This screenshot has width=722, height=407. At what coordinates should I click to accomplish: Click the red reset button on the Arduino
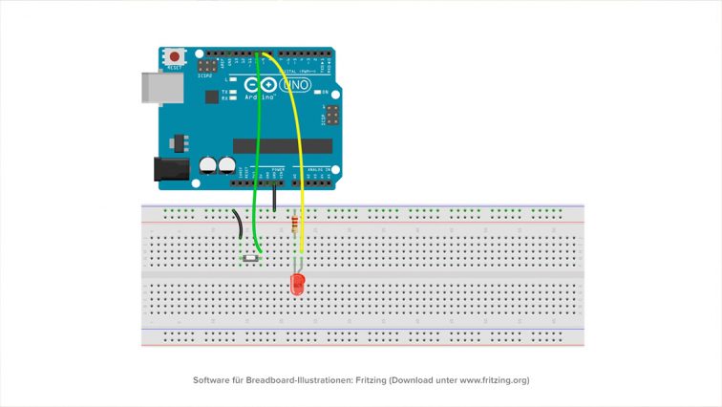pyautogui.click(x=175, y=57)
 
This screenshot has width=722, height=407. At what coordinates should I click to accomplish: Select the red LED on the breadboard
pyautogui.click(x=297, y=284)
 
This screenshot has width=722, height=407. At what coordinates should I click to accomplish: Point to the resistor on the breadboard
pyautogui.click(x=293, y=225)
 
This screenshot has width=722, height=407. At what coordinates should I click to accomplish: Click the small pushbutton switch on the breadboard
pyautogui.click(x=251, y=258)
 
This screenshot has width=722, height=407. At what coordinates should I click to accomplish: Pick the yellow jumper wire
pyautogui.click(x=298, y=143)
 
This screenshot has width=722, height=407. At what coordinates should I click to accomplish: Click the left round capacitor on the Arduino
pyautogui.click(x=207, y=166)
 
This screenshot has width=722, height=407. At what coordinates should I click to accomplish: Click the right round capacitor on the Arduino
pyautogui.click(x=226, y=166)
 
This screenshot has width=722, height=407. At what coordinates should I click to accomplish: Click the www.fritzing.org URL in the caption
pyautogui.click(x=494, y=380)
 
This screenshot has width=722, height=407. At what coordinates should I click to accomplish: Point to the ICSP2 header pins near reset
pyautogui.click(x=206, y=67)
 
